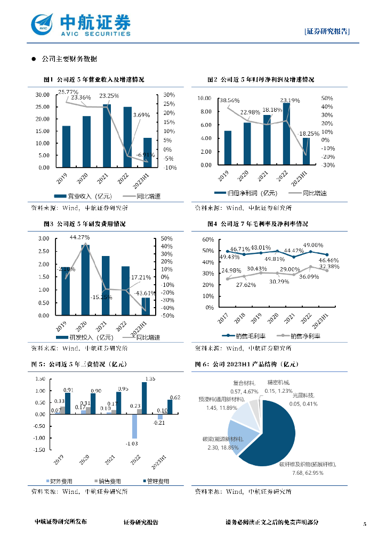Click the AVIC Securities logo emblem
point(43,23)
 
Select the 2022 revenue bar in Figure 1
point(127,137)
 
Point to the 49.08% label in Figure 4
point(314,245)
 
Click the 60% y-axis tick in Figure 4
point(208,240)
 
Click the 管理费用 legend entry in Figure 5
point(155,481)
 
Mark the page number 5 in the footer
point(365,524)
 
